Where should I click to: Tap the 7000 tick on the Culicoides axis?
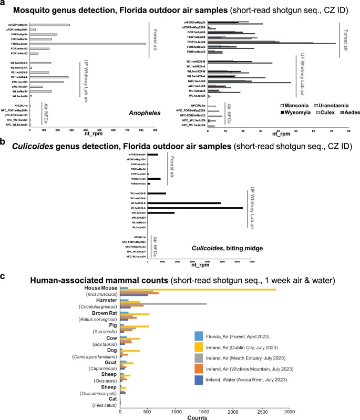click(252, 261)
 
